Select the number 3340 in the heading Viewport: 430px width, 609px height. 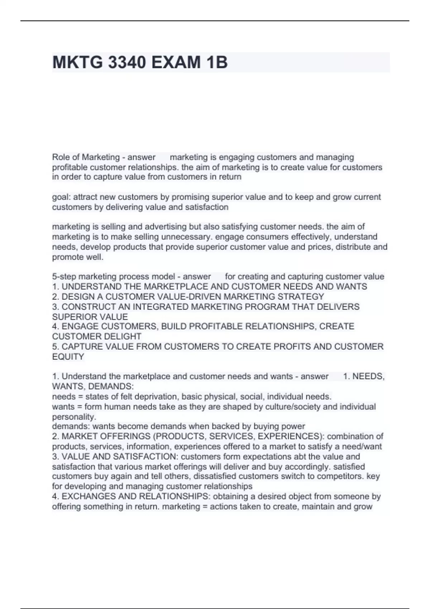(127, 62)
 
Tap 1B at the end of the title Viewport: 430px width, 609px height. (216, 62)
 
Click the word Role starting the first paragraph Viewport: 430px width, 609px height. (60, 157)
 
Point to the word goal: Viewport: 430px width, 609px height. (61, 197)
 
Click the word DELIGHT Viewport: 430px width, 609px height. (124, 336)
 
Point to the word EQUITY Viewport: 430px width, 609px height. (68, 356)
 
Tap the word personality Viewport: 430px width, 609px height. (74, 417)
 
